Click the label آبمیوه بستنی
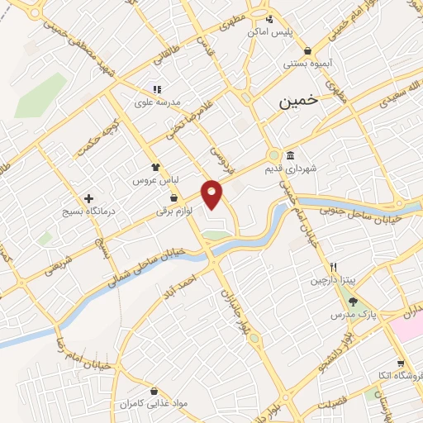(x=305, y=63)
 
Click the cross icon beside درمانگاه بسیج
(x=89, y=198)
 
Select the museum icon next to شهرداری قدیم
(x=290, y=156)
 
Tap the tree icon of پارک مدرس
(x=353, y=302)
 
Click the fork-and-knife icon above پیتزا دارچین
(x=333, y=267)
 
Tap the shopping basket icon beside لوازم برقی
(x=173, y=198)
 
